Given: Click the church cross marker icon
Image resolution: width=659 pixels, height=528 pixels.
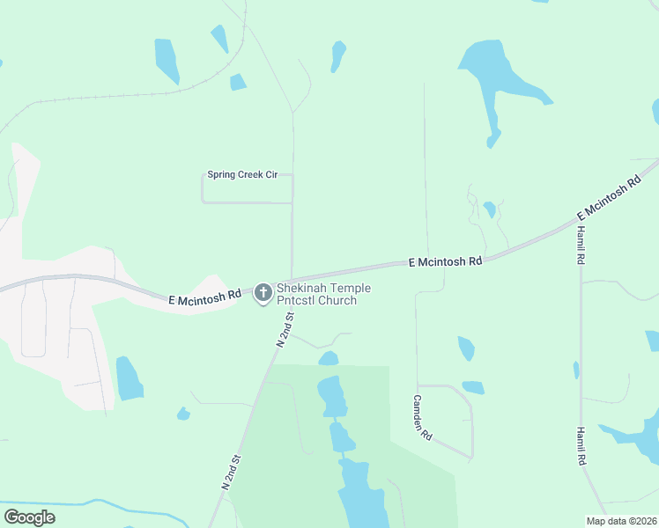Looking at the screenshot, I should point(263,293).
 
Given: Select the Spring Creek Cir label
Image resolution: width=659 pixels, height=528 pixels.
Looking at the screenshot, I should point(242,175).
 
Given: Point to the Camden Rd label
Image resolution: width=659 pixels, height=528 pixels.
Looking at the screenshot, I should point(422,417).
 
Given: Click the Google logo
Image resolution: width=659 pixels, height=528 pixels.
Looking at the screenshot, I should point(29,517).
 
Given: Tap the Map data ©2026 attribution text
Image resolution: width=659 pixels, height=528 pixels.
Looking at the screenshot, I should point(621,521).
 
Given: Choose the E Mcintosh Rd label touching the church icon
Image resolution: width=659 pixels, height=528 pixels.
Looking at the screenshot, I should point(204,297).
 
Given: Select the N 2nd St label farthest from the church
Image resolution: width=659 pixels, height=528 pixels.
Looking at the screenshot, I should point(231,472).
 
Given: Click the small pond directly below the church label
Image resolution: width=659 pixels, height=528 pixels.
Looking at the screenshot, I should point(329,358).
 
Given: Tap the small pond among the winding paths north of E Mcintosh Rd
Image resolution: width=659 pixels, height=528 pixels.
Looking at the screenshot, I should point(489,209).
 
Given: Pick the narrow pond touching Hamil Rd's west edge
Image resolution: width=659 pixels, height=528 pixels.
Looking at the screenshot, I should point(576,370).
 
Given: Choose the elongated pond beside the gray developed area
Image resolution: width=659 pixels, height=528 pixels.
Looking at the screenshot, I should point(129,378).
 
